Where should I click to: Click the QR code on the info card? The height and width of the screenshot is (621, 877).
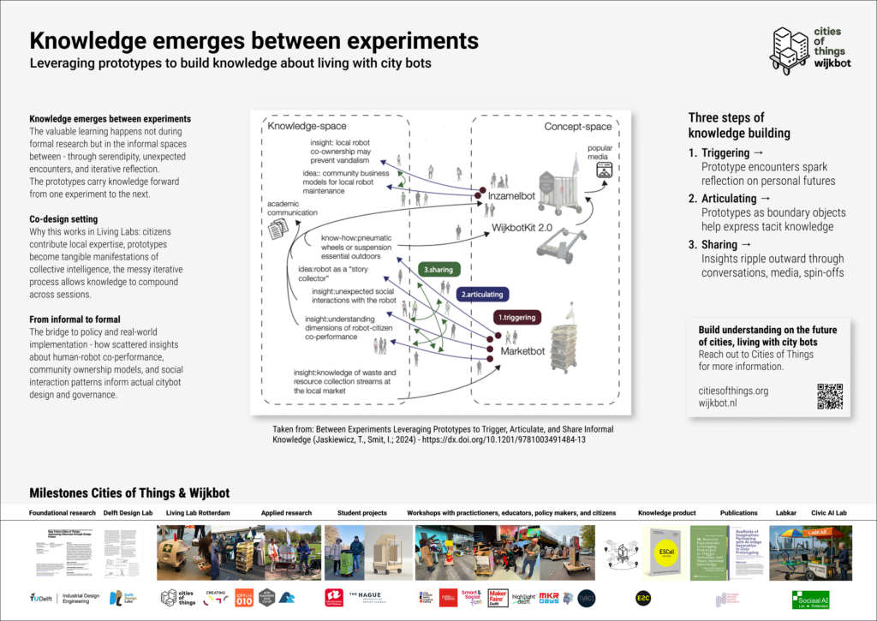pos(829,396)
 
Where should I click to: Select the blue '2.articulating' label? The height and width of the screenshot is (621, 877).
pos(481,294)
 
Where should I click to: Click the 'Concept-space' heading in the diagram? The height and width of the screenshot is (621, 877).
pos(578,127)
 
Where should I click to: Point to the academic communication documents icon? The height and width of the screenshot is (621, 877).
pos(280,229)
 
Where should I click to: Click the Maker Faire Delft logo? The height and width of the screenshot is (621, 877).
pos(498,597)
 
